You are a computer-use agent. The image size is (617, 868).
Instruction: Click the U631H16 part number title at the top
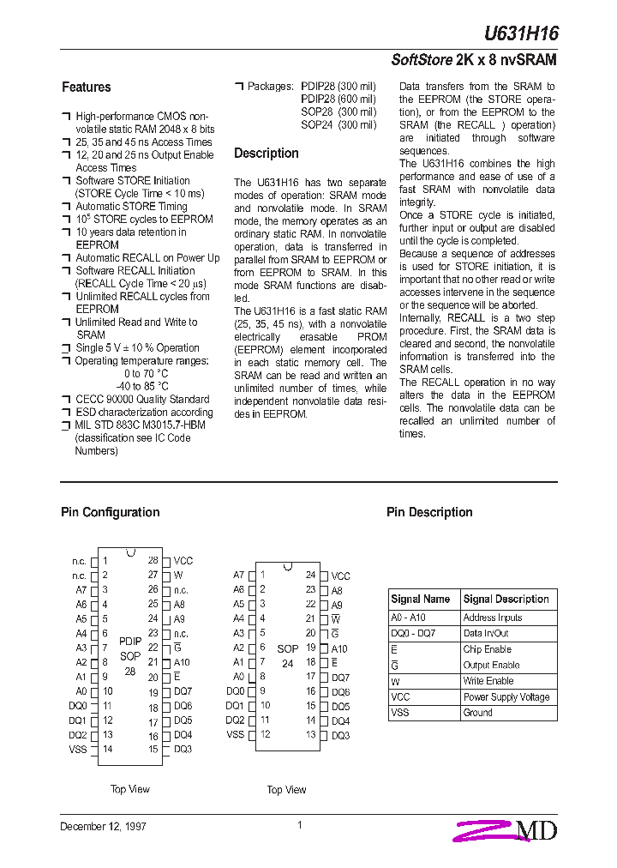tap(521, 33)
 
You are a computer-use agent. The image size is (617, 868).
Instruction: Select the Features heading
tap(86, 87)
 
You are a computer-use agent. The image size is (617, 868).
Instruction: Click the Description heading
tap(267, 154)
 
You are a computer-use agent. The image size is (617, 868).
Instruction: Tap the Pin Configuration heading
tap(110, 513)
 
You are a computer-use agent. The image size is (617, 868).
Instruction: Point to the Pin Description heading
tap(429, 513)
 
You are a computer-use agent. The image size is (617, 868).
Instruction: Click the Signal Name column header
tap(420, 600)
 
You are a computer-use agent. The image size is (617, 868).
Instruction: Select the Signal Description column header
tap(506, 600)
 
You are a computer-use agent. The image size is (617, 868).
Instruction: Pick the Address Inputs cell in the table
tap(492, 618)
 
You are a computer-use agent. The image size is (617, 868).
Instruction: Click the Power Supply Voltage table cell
tap(506, 697)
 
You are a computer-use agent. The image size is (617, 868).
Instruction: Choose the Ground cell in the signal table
tap(477, 713)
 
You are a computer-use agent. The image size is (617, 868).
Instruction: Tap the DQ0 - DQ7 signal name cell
tap(413, 633)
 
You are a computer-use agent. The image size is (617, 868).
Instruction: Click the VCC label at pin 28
tap(183, 561)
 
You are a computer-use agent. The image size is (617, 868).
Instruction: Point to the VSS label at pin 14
tap(78, 750)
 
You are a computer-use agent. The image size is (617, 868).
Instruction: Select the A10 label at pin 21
tap(182, 662)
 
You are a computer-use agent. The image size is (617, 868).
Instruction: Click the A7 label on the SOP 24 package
tap(239, 576)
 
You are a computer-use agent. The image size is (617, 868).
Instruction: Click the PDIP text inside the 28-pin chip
tap(130, 641)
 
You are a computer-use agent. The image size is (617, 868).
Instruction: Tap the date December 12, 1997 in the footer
tap(103, 827)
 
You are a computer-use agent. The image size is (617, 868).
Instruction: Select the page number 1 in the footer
tap(300, 825)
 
